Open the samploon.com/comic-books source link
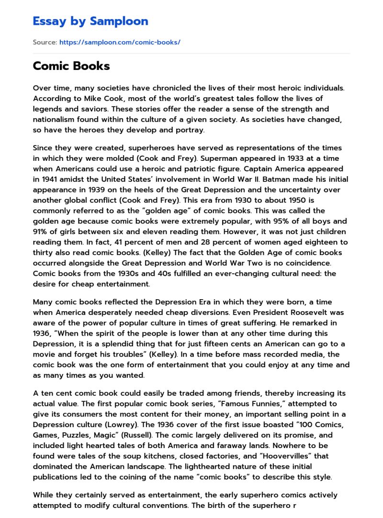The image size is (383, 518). pyautogui.click(x=120, y=42)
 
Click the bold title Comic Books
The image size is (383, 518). pyautogui.click(x=71, y=66)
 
